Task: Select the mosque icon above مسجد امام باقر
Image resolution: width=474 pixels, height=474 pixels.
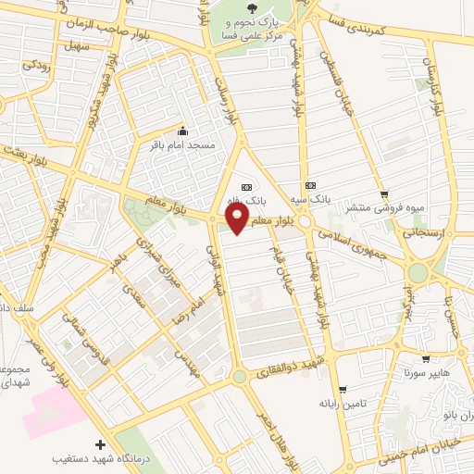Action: click(182, 131)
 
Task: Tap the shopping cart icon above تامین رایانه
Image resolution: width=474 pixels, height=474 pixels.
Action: click(343, 389)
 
